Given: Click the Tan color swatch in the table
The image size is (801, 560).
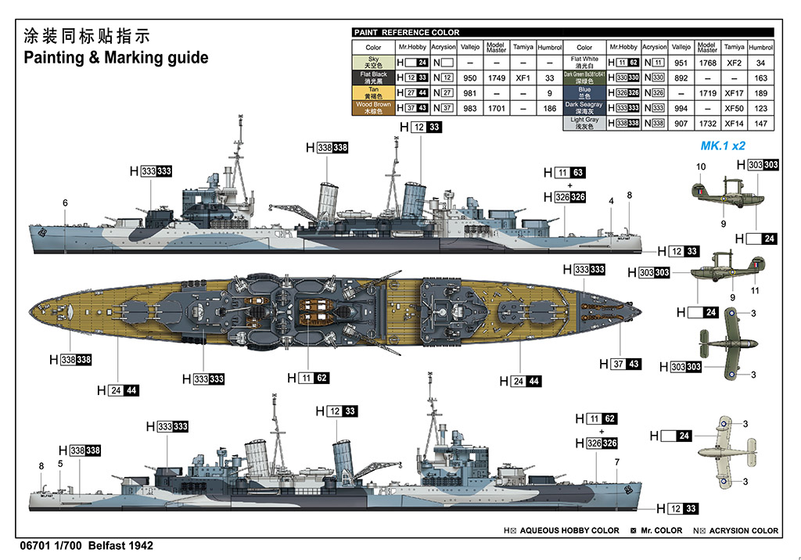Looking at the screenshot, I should (374, 93).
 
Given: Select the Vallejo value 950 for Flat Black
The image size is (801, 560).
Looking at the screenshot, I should (470, 78).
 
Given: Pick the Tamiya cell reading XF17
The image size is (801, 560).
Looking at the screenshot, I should (734, 93).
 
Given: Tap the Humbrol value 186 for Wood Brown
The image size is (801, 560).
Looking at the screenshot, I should (550, 109).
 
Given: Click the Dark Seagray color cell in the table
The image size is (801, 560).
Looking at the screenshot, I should (584, 108).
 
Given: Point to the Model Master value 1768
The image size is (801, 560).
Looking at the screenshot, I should (707, 63).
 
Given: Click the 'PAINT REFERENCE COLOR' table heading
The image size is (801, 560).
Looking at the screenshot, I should (407, 33).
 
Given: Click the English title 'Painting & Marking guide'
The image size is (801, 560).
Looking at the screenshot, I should (116, 57).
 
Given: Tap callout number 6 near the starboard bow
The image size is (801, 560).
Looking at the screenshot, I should (66, 203).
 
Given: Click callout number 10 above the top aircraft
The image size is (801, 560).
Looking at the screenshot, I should (701, 167).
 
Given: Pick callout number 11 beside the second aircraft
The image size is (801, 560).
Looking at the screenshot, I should (755, 290).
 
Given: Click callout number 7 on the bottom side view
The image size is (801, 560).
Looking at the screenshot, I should (616, 461).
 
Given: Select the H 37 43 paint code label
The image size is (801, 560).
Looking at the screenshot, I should (620, 364).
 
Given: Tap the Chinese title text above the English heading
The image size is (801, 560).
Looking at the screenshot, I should (86, 36).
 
